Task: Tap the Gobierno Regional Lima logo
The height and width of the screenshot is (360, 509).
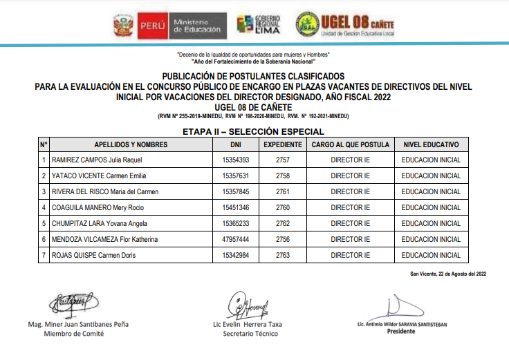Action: (259, 26)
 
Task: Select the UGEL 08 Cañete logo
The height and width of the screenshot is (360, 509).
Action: (344, 25)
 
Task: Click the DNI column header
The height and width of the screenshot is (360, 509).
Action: (236, 144)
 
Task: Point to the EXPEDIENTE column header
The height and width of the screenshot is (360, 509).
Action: (283, 144)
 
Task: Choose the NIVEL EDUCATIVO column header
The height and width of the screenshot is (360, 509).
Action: (431, 144)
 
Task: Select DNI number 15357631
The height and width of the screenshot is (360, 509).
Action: (235, 176)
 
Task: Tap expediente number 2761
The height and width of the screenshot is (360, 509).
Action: (282, 192)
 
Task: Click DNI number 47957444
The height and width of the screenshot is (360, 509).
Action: (235, 240)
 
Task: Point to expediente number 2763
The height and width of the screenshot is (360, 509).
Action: (282, 256)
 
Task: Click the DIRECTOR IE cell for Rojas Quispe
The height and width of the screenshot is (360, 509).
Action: (351, 256)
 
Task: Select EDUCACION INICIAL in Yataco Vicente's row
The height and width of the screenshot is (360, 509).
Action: (430, 176)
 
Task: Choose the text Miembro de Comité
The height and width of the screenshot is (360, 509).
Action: (74, 334)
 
